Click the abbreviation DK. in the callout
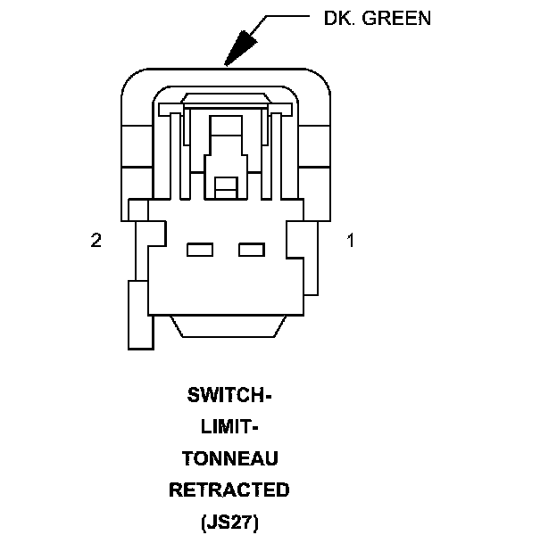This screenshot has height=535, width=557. click(x=339, y=18)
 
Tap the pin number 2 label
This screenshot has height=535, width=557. click(x=96, y=240)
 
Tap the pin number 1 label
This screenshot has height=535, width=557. click(x=351, y=240)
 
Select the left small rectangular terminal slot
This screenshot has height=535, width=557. click(x=201, y=250)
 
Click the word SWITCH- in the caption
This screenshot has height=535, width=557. click(x=229, y=395)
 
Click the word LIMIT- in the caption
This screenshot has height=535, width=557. click(x=229, y=426)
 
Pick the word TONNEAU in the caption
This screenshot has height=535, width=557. click(x=229, y=458)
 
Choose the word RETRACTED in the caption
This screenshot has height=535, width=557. click(x=229, y=490)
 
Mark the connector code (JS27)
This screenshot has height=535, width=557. click(x=229, y=521)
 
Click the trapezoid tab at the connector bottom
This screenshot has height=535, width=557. click(x=228, y=325)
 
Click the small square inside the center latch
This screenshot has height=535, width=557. click(x=226, y=186)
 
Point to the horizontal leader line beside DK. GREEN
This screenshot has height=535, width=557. click(x=286, y=17)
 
